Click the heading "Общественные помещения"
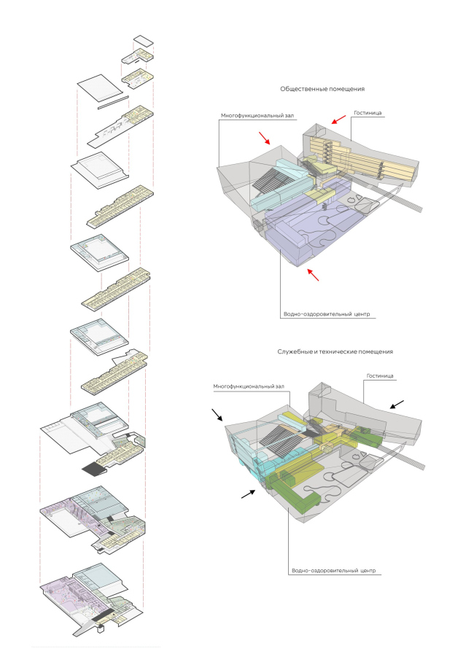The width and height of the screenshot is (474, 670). (x=322, y=89)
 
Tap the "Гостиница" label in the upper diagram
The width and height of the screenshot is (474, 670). (x=368, y=114)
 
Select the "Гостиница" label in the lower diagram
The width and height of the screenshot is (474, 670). (x=379, y=376)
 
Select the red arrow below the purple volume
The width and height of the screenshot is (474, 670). (x=314, y=275)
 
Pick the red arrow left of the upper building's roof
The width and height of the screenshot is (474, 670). (x=265, y=137)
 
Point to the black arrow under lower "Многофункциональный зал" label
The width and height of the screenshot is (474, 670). (x=219, y=416)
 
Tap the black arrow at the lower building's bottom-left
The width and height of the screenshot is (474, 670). (x=249, y=494)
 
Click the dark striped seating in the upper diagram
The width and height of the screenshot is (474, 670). (x=276, y=179)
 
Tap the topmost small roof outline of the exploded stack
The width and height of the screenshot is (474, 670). (x=143, y=42)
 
